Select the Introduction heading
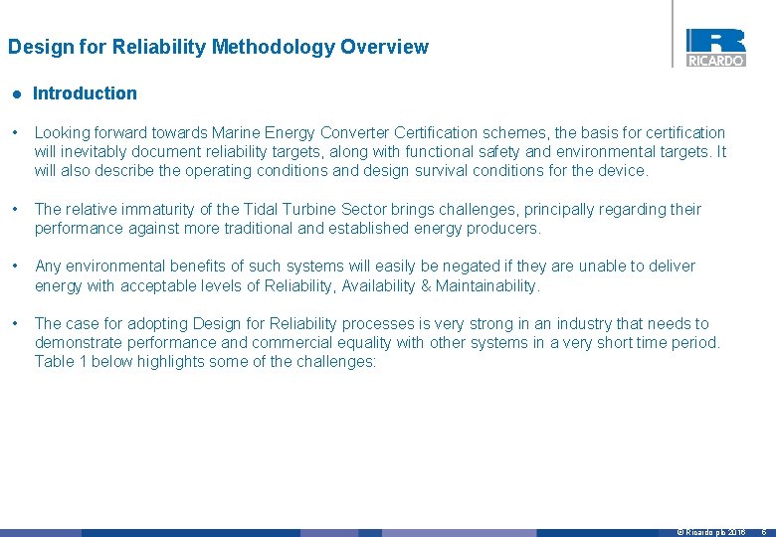[85, 93]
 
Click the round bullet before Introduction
[16, 93]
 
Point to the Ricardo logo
[715, 47]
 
